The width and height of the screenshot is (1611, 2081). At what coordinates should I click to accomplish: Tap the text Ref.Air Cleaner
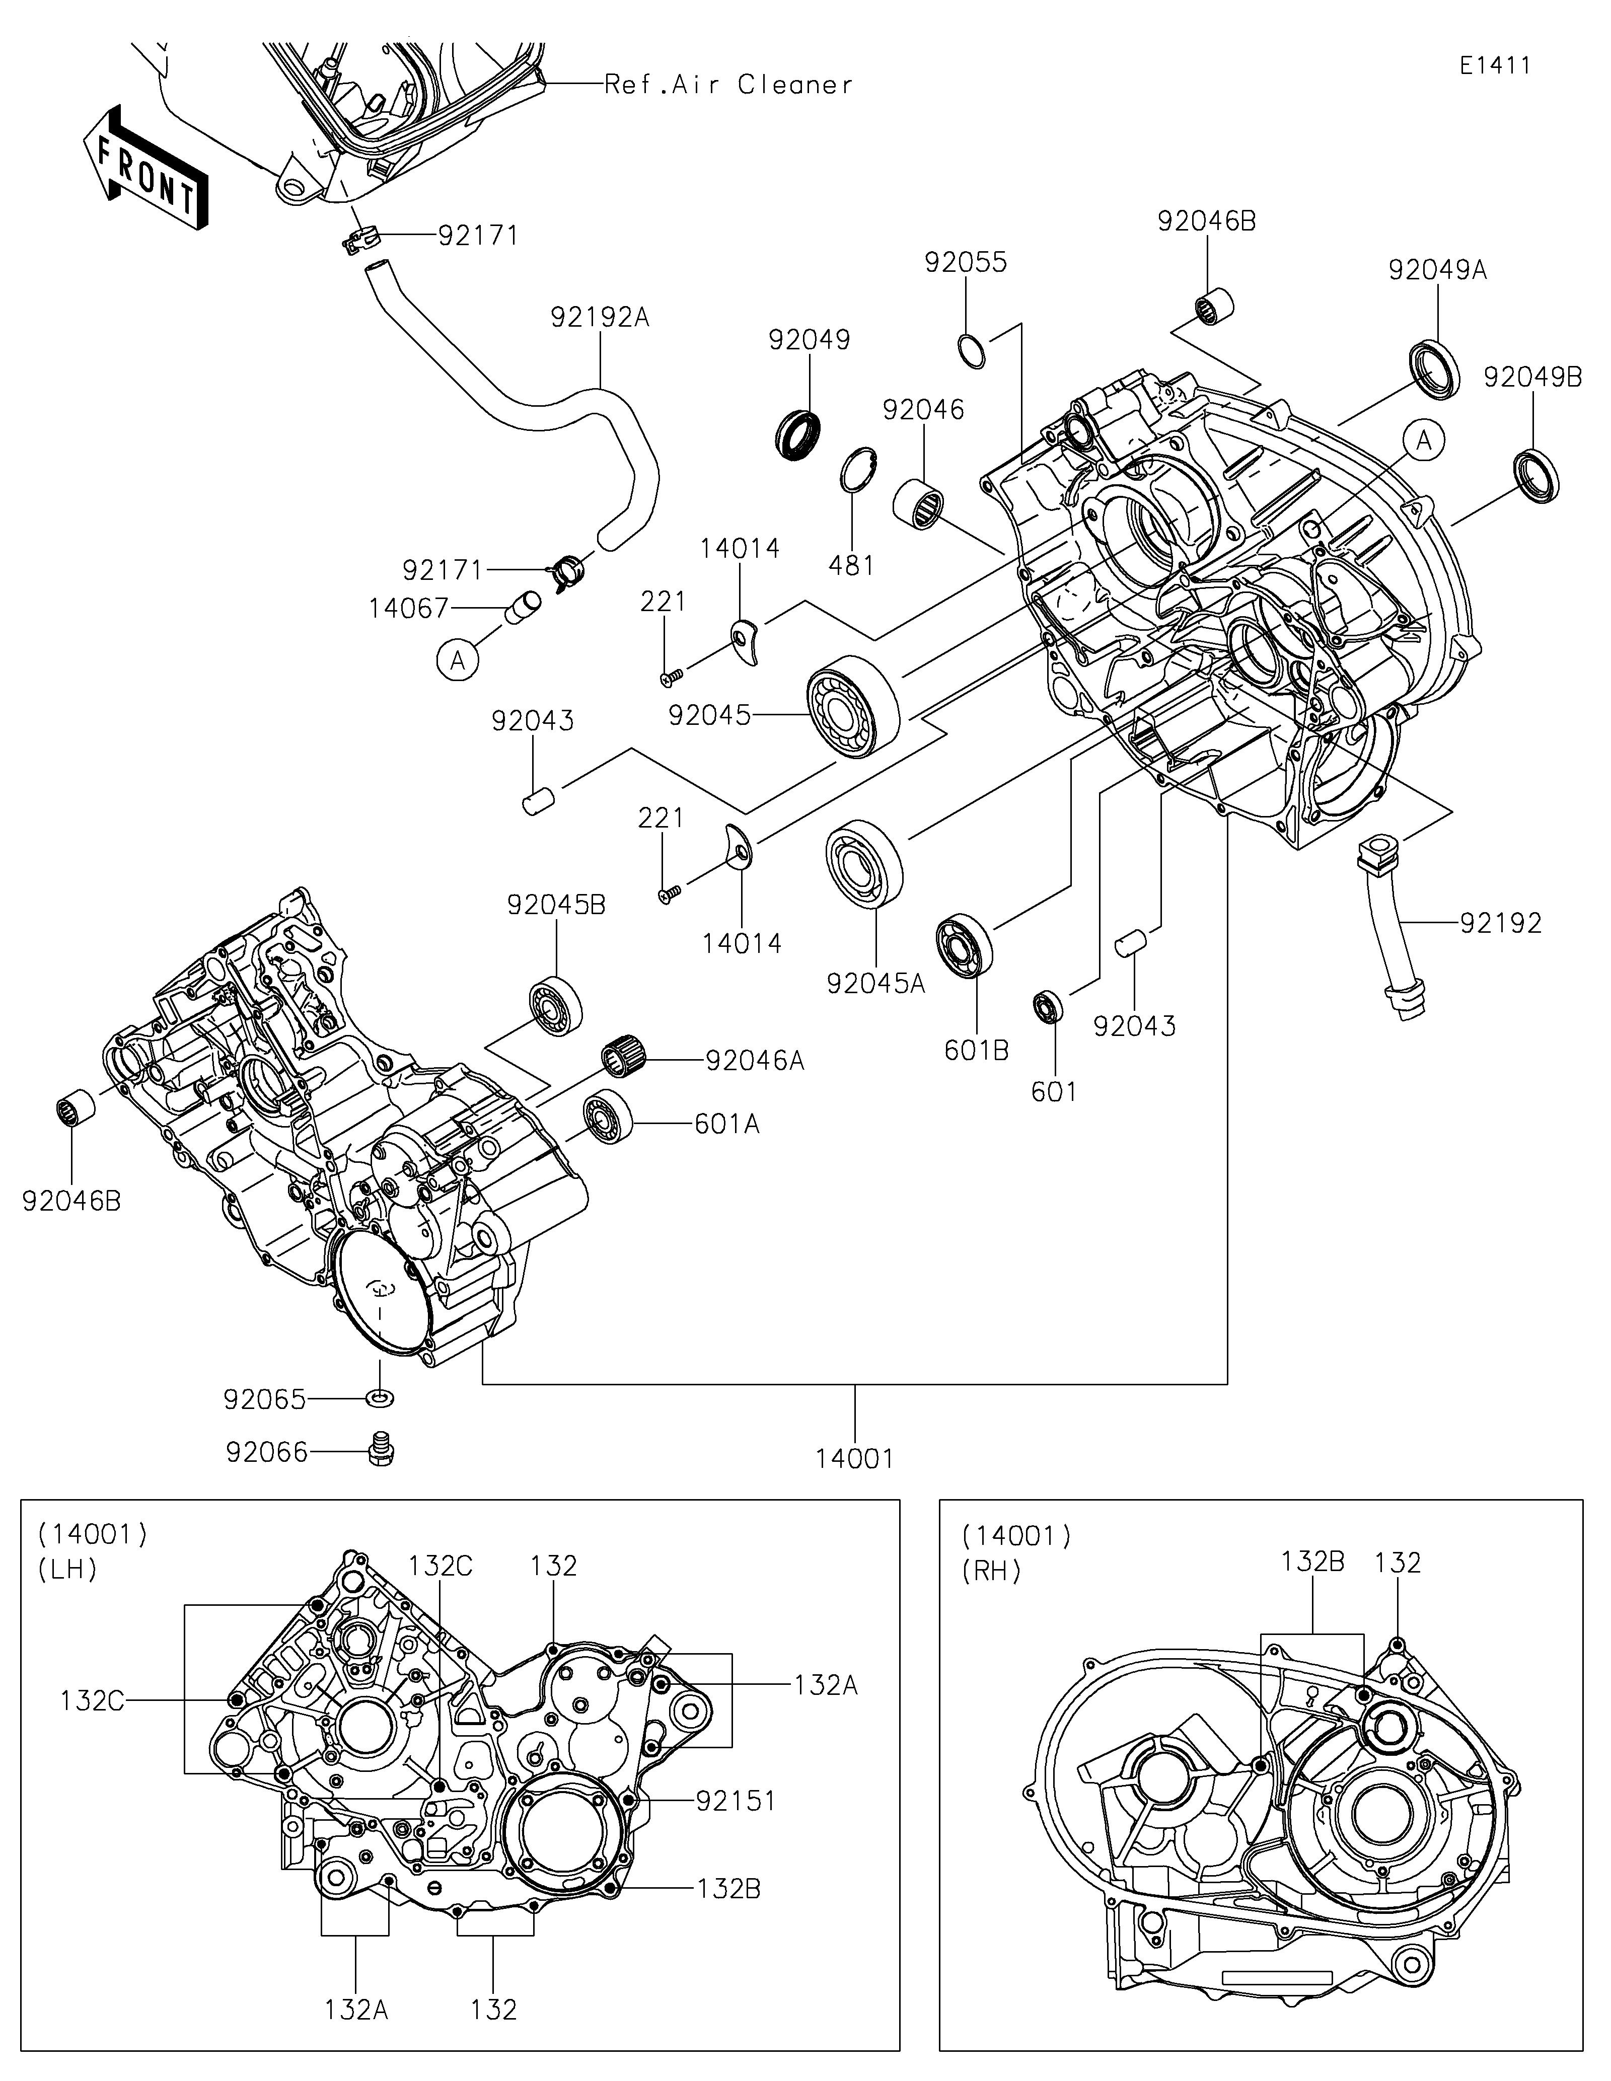tap(729, 85)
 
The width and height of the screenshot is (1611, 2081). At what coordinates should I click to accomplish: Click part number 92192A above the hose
tap(599, 317)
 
